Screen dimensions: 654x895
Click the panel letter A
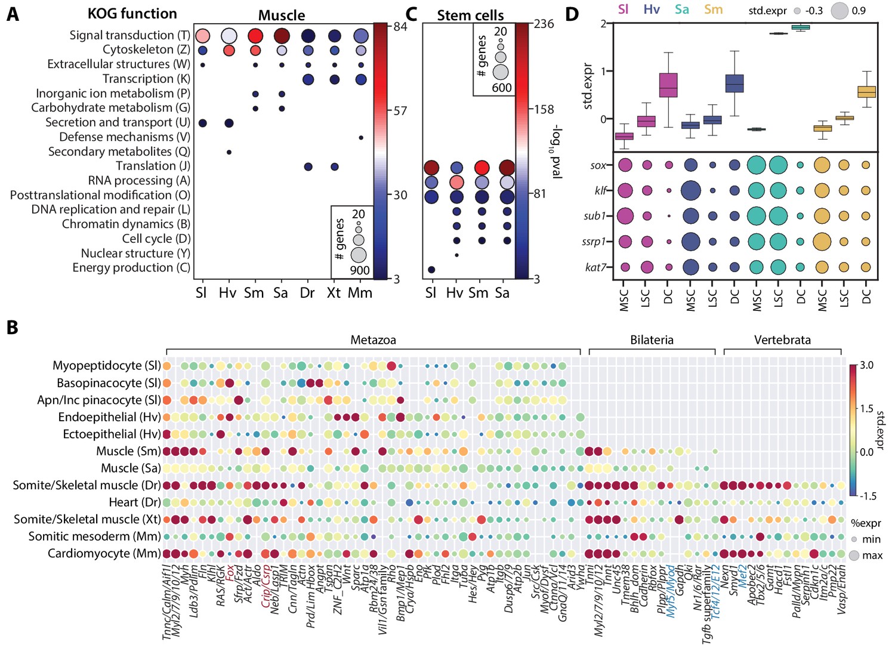pyautogui.click(x=13, y=14)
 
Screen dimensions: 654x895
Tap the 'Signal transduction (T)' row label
pyautogui.click(x=129, y=35)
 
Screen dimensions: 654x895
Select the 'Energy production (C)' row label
pyautogui.click(x=131, y=268)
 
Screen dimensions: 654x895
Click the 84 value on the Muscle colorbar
pyautogui.click(x=400, y=26)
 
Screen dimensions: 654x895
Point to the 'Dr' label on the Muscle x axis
pyautogui.click(x=307, y=293)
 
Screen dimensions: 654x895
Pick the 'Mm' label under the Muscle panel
pyautogui.click(x=360, y=293)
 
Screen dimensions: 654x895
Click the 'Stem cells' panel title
pyautogui.click(x=470, y=16)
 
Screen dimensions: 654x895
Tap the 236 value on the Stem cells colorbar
pyautogui.click(x=544, y=24)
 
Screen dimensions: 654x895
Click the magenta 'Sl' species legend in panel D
pyautogui.click(x=624, y=10)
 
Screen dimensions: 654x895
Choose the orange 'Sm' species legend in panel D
pyautogui.click(x=713, y=10)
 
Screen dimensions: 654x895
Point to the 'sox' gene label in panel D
pyautogui.click(x=598, y=165)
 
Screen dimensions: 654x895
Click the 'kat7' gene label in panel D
pyautogui.click(x=596, y=267)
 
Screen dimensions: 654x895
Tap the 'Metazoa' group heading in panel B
pyautogui.click(x=373, y=340)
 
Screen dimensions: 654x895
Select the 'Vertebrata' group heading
pyautogui.click(x=782, y=340)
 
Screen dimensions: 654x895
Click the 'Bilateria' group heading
pyautogui.click(x=652, y=340)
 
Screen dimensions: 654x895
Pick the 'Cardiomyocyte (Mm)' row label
pyautogui.click(x=104, y=554)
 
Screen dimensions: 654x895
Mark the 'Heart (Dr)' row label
pyautogui.click(x=134, y=502)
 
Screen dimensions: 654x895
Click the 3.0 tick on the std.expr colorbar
pyautogui.click(x=866, y=365)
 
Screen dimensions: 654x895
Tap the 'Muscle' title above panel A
pyautogui.click(x=282, y=16)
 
